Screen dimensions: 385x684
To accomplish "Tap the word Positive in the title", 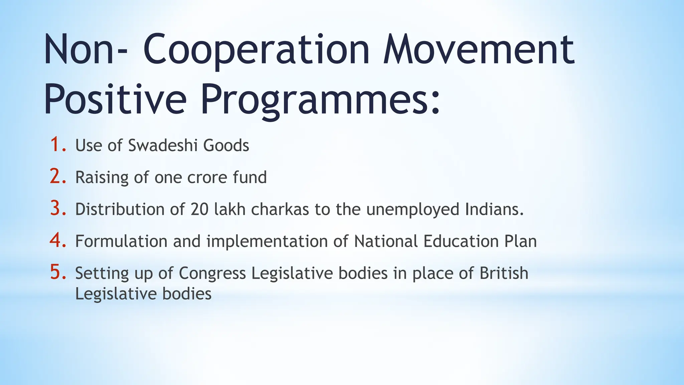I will tap(115, 99).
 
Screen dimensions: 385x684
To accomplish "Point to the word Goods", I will tap(226, 145).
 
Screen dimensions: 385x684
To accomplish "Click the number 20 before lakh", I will tap(200, 209).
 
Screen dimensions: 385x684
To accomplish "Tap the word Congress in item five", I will tap(212, 273).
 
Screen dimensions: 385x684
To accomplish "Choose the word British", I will tap(504, 273).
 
